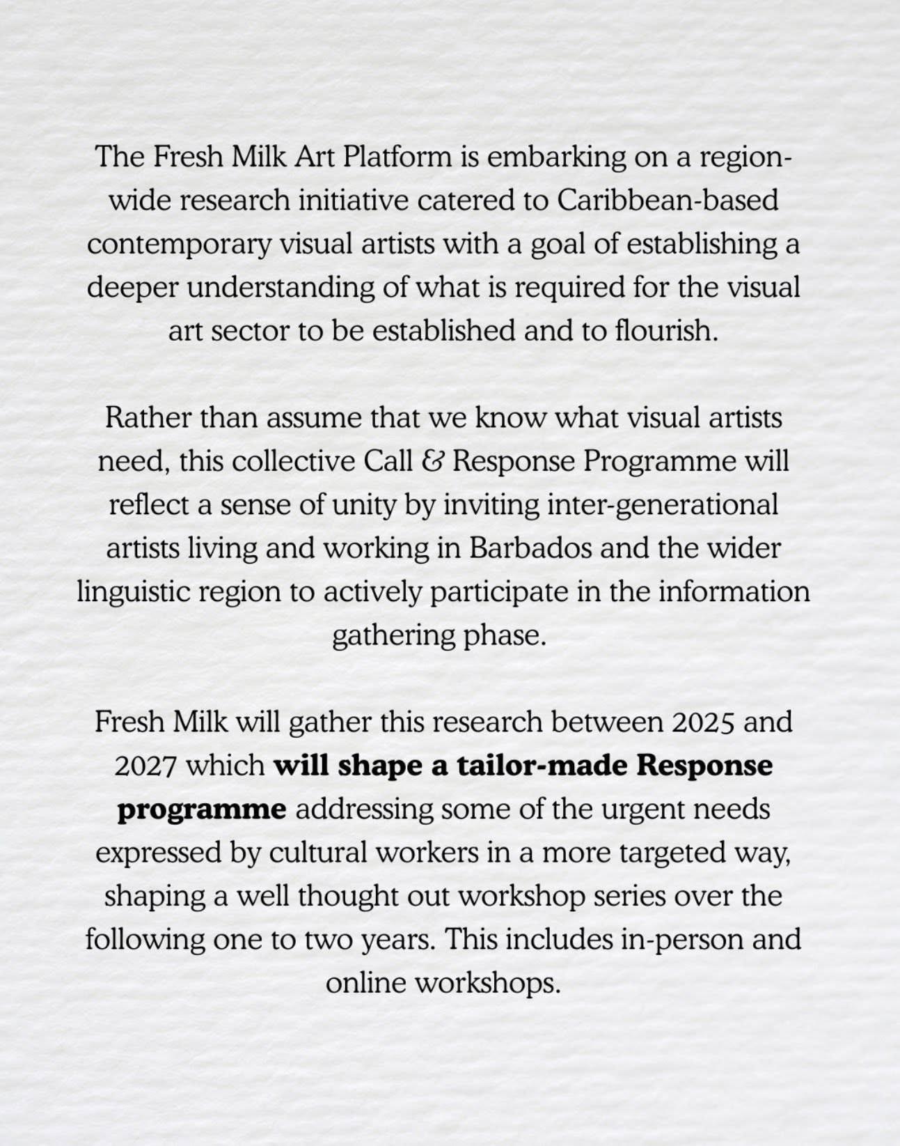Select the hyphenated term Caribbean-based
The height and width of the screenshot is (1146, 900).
[x=668, y=201]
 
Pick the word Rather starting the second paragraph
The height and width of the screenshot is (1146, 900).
[x=148, y=418]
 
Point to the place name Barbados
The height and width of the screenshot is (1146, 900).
[x=531, y=548]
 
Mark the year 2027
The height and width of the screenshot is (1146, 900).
[x=146, y=766]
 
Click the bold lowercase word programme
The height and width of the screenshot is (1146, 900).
[x=201, y=810]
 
